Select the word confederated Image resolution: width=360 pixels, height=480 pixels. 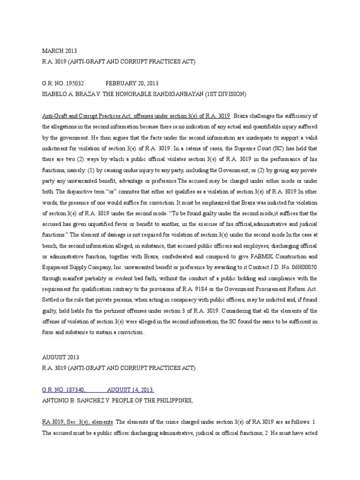click(179, 257)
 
